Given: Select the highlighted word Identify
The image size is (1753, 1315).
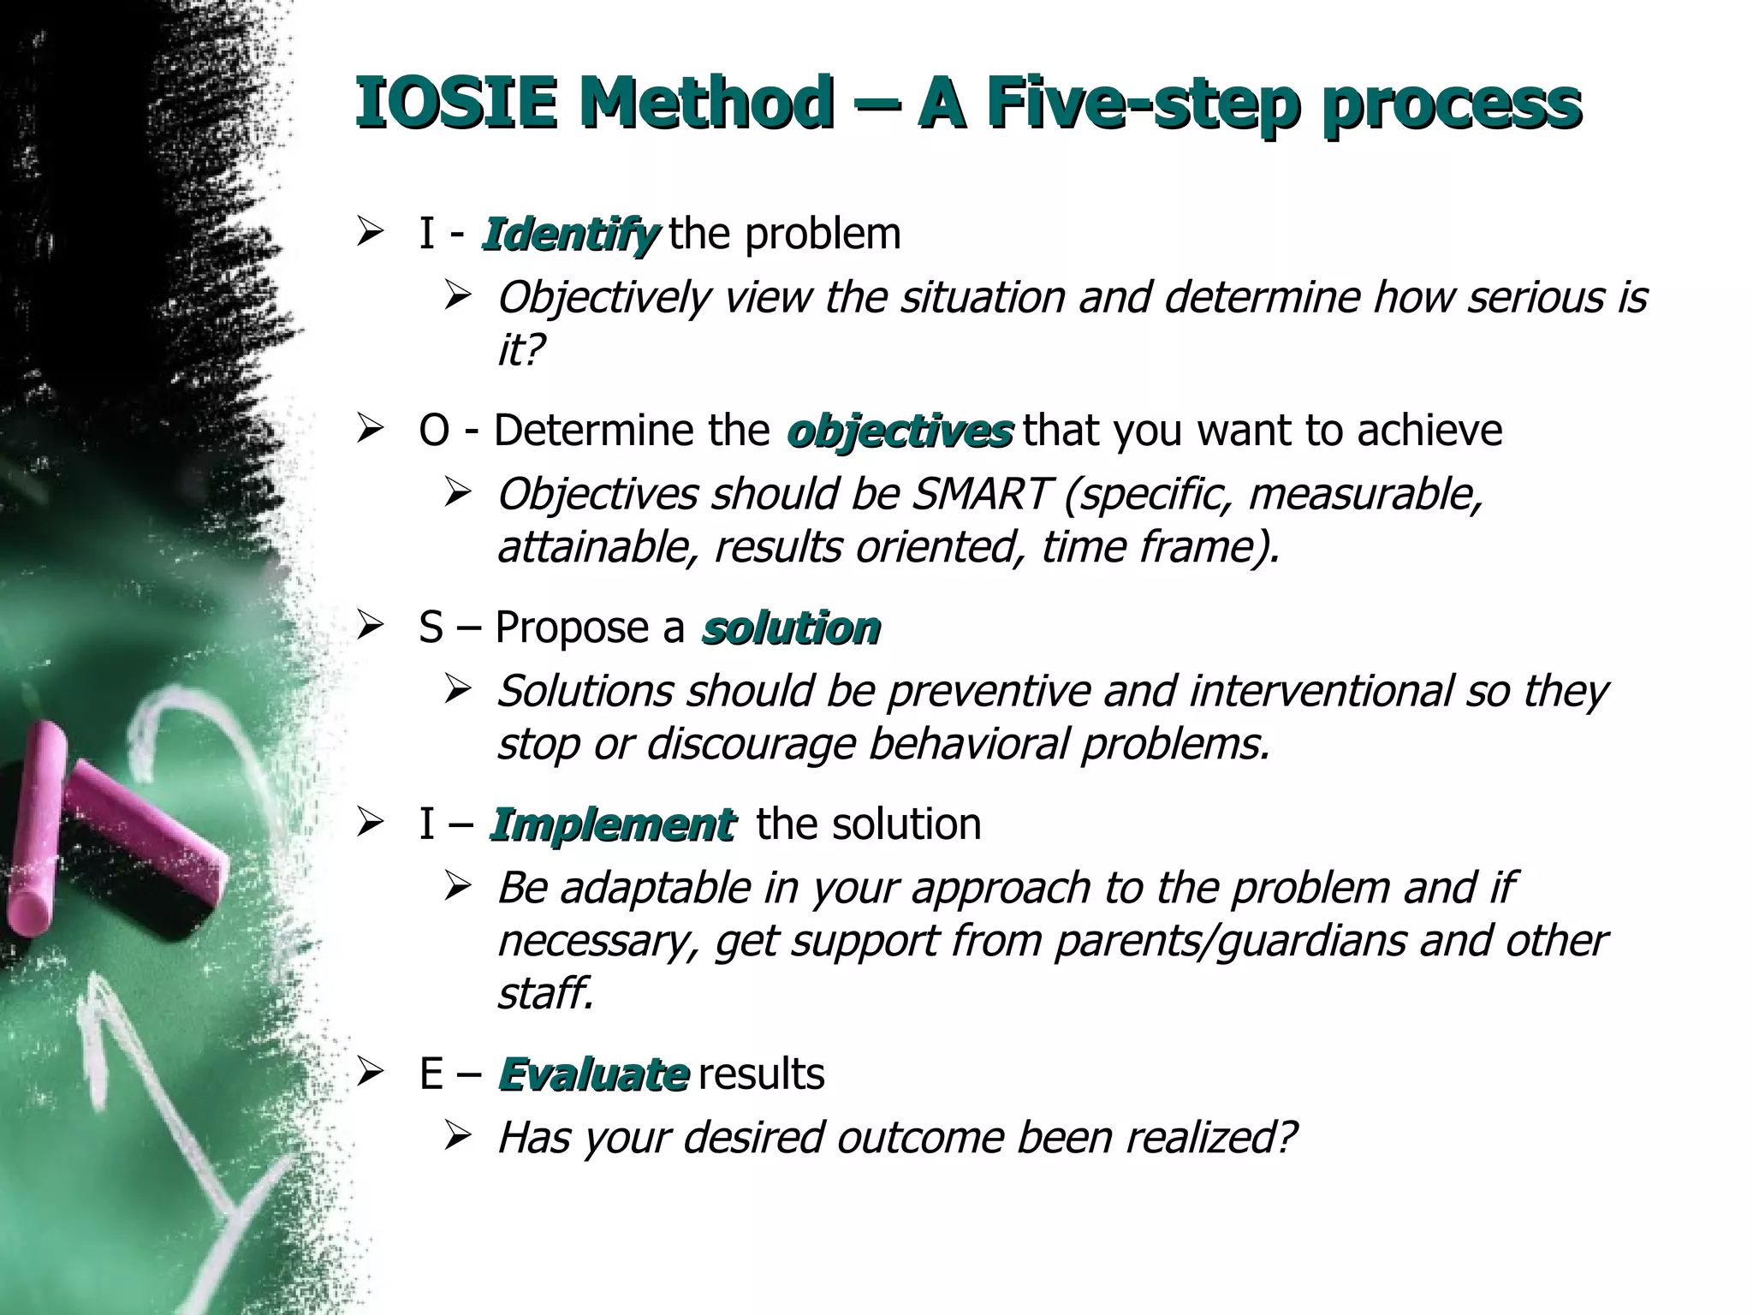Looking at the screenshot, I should coord(570,234).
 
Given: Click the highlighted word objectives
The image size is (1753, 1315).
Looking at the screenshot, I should coord(900,431).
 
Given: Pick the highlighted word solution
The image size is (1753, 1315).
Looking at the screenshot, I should coord(790,628).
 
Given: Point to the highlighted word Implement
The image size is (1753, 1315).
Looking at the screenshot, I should coord(612,824).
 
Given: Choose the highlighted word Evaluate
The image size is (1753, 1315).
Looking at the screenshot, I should coord(593,1074).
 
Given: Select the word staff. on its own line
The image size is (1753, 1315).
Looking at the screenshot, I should coord(545,994).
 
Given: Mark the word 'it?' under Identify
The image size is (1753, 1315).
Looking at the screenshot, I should coord(520,350).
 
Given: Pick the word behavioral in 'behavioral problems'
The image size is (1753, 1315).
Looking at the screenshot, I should coord(967,744).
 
